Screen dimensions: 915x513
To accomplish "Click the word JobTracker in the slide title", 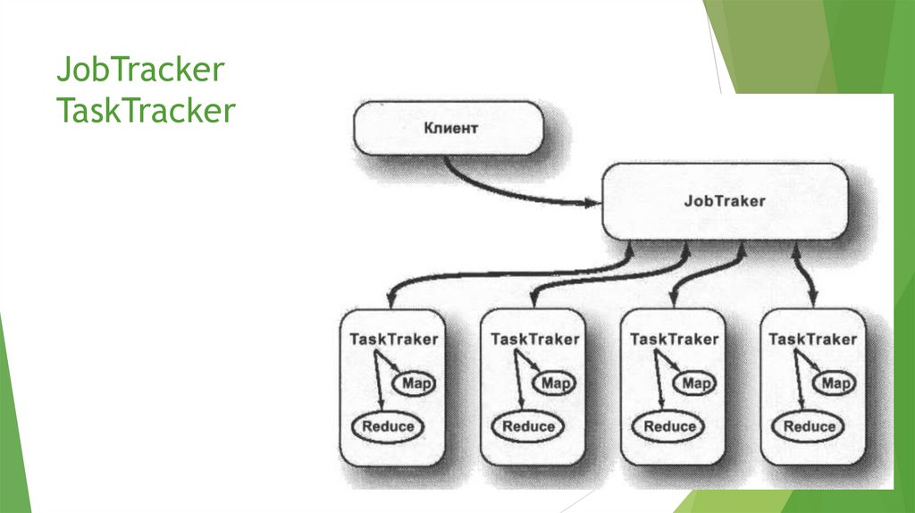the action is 139,70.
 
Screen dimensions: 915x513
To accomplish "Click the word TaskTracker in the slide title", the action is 145,111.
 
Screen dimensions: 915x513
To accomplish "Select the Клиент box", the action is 449,129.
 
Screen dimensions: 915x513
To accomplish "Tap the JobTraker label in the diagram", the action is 725,201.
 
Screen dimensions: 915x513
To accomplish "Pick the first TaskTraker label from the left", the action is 393,340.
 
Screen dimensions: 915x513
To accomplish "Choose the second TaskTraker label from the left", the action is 534,340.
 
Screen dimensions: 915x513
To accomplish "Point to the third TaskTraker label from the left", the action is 674,340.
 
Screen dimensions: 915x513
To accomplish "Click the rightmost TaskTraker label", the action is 812,340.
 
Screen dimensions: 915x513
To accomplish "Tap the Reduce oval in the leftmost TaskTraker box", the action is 388,426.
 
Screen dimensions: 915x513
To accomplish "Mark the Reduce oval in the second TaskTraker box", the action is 529,426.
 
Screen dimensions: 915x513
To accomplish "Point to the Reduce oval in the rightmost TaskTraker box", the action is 808,426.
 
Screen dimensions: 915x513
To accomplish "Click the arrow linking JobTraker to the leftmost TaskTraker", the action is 500,273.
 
